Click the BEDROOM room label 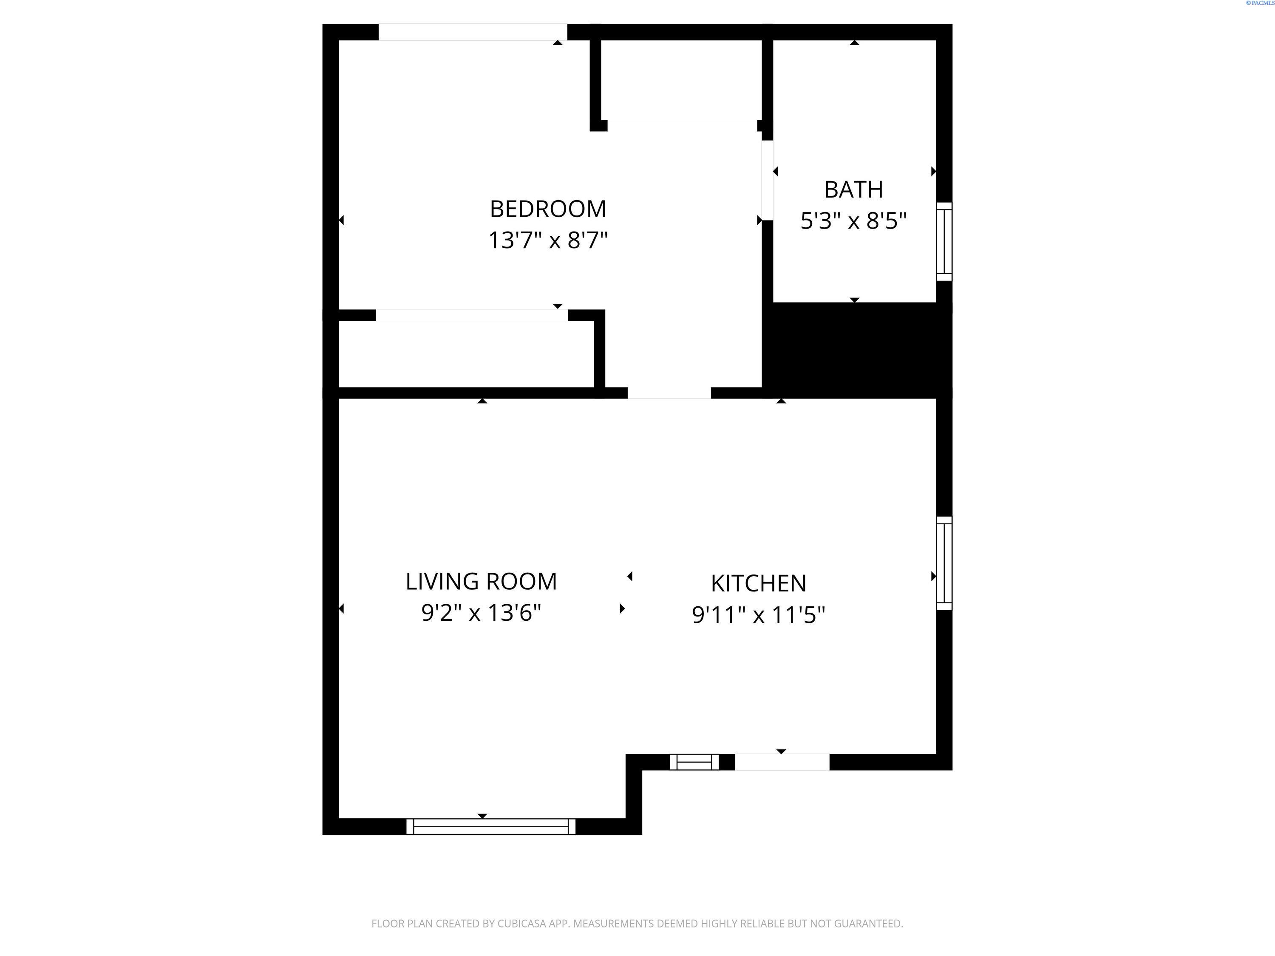(x=547, y=209)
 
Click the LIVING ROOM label (x=481, y=581)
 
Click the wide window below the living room (x=490, y=826)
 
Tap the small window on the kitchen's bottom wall (x=694, y=762)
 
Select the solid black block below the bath (x=856, y=350)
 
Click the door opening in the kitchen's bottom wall (x=782, y=762)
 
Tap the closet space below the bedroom (x=466, y=354)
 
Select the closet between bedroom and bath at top (x=681, y=79)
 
